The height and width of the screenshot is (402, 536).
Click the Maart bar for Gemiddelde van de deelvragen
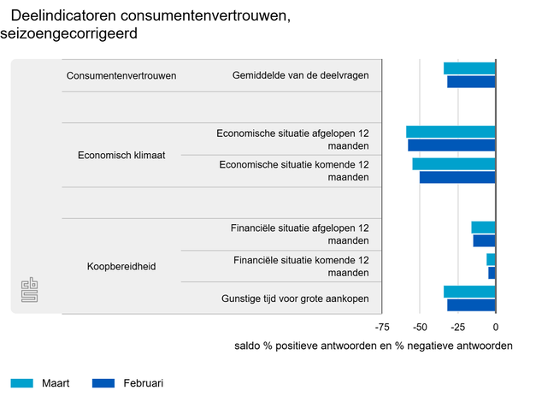pos(469,68)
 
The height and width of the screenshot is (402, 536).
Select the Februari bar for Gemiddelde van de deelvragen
pos(471,82)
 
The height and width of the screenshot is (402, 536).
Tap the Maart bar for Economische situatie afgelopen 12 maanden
pos(451,132)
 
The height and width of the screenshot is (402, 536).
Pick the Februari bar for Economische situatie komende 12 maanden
pos(457,177)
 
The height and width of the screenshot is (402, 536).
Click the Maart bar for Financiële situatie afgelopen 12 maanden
pos(483,228)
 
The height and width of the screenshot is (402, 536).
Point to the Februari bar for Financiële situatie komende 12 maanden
pos(492,273)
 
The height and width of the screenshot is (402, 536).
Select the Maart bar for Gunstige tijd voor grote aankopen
pos(469,292)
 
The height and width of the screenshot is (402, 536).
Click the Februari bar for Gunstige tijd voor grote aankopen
pos(471,304)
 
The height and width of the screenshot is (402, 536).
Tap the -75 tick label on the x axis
pos(382,327)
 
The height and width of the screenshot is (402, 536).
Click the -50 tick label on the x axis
pos(420,327)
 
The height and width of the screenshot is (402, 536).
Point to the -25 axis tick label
pos(457,327)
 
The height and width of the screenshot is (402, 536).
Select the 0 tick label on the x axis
pos(496,327)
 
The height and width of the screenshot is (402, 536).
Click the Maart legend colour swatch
pos(21,382)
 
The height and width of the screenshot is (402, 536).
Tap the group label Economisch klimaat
pos(121,156)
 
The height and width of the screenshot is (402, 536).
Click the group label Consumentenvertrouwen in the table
pos(121,75)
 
